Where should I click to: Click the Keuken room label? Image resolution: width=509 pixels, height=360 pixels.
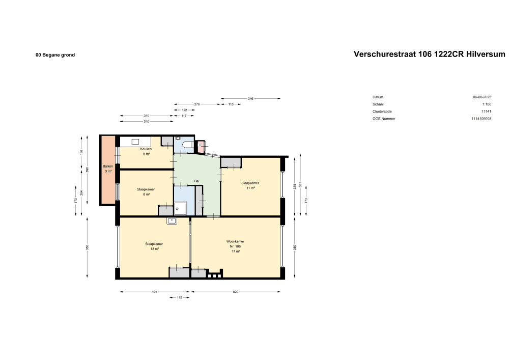146,149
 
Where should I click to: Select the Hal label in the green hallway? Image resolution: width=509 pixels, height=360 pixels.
196,181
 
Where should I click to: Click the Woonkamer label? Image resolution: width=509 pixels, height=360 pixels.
235,241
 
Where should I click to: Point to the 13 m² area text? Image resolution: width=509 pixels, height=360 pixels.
154,249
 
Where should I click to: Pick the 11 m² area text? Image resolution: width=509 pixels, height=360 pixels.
250,188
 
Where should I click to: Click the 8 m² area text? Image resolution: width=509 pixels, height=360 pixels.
146,194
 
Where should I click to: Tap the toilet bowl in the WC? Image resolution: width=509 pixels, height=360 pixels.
186,146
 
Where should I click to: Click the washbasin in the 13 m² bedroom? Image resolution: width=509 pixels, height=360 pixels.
172,221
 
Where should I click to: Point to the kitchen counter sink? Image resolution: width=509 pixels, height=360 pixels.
136,142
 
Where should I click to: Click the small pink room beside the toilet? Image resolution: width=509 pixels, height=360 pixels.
201,147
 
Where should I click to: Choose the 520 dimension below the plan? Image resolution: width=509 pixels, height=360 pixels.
236,292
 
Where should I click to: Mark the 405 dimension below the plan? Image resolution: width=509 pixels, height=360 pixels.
154,292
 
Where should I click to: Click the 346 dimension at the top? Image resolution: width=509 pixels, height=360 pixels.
250,98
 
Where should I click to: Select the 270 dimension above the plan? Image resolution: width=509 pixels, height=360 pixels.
196,104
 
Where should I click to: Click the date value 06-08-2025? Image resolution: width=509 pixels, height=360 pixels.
482,97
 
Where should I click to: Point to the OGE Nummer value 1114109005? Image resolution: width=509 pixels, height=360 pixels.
481,119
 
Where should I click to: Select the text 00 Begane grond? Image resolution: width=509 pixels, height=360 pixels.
55,55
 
